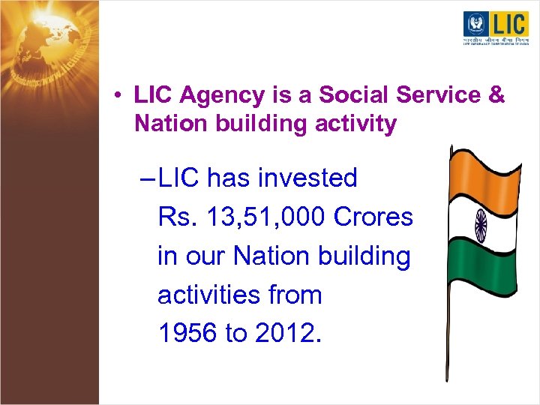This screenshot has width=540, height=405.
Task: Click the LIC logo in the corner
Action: coord(496,28)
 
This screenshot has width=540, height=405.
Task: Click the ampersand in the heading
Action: coord(496,95)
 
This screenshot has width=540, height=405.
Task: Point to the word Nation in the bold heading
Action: coord(169,124)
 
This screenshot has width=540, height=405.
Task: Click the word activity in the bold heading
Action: coord(353,124)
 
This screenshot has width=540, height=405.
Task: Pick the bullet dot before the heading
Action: coord(118,96)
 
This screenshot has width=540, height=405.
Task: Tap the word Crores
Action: coord(373,217)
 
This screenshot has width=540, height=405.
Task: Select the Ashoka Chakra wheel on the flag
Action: coord(480,220)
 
